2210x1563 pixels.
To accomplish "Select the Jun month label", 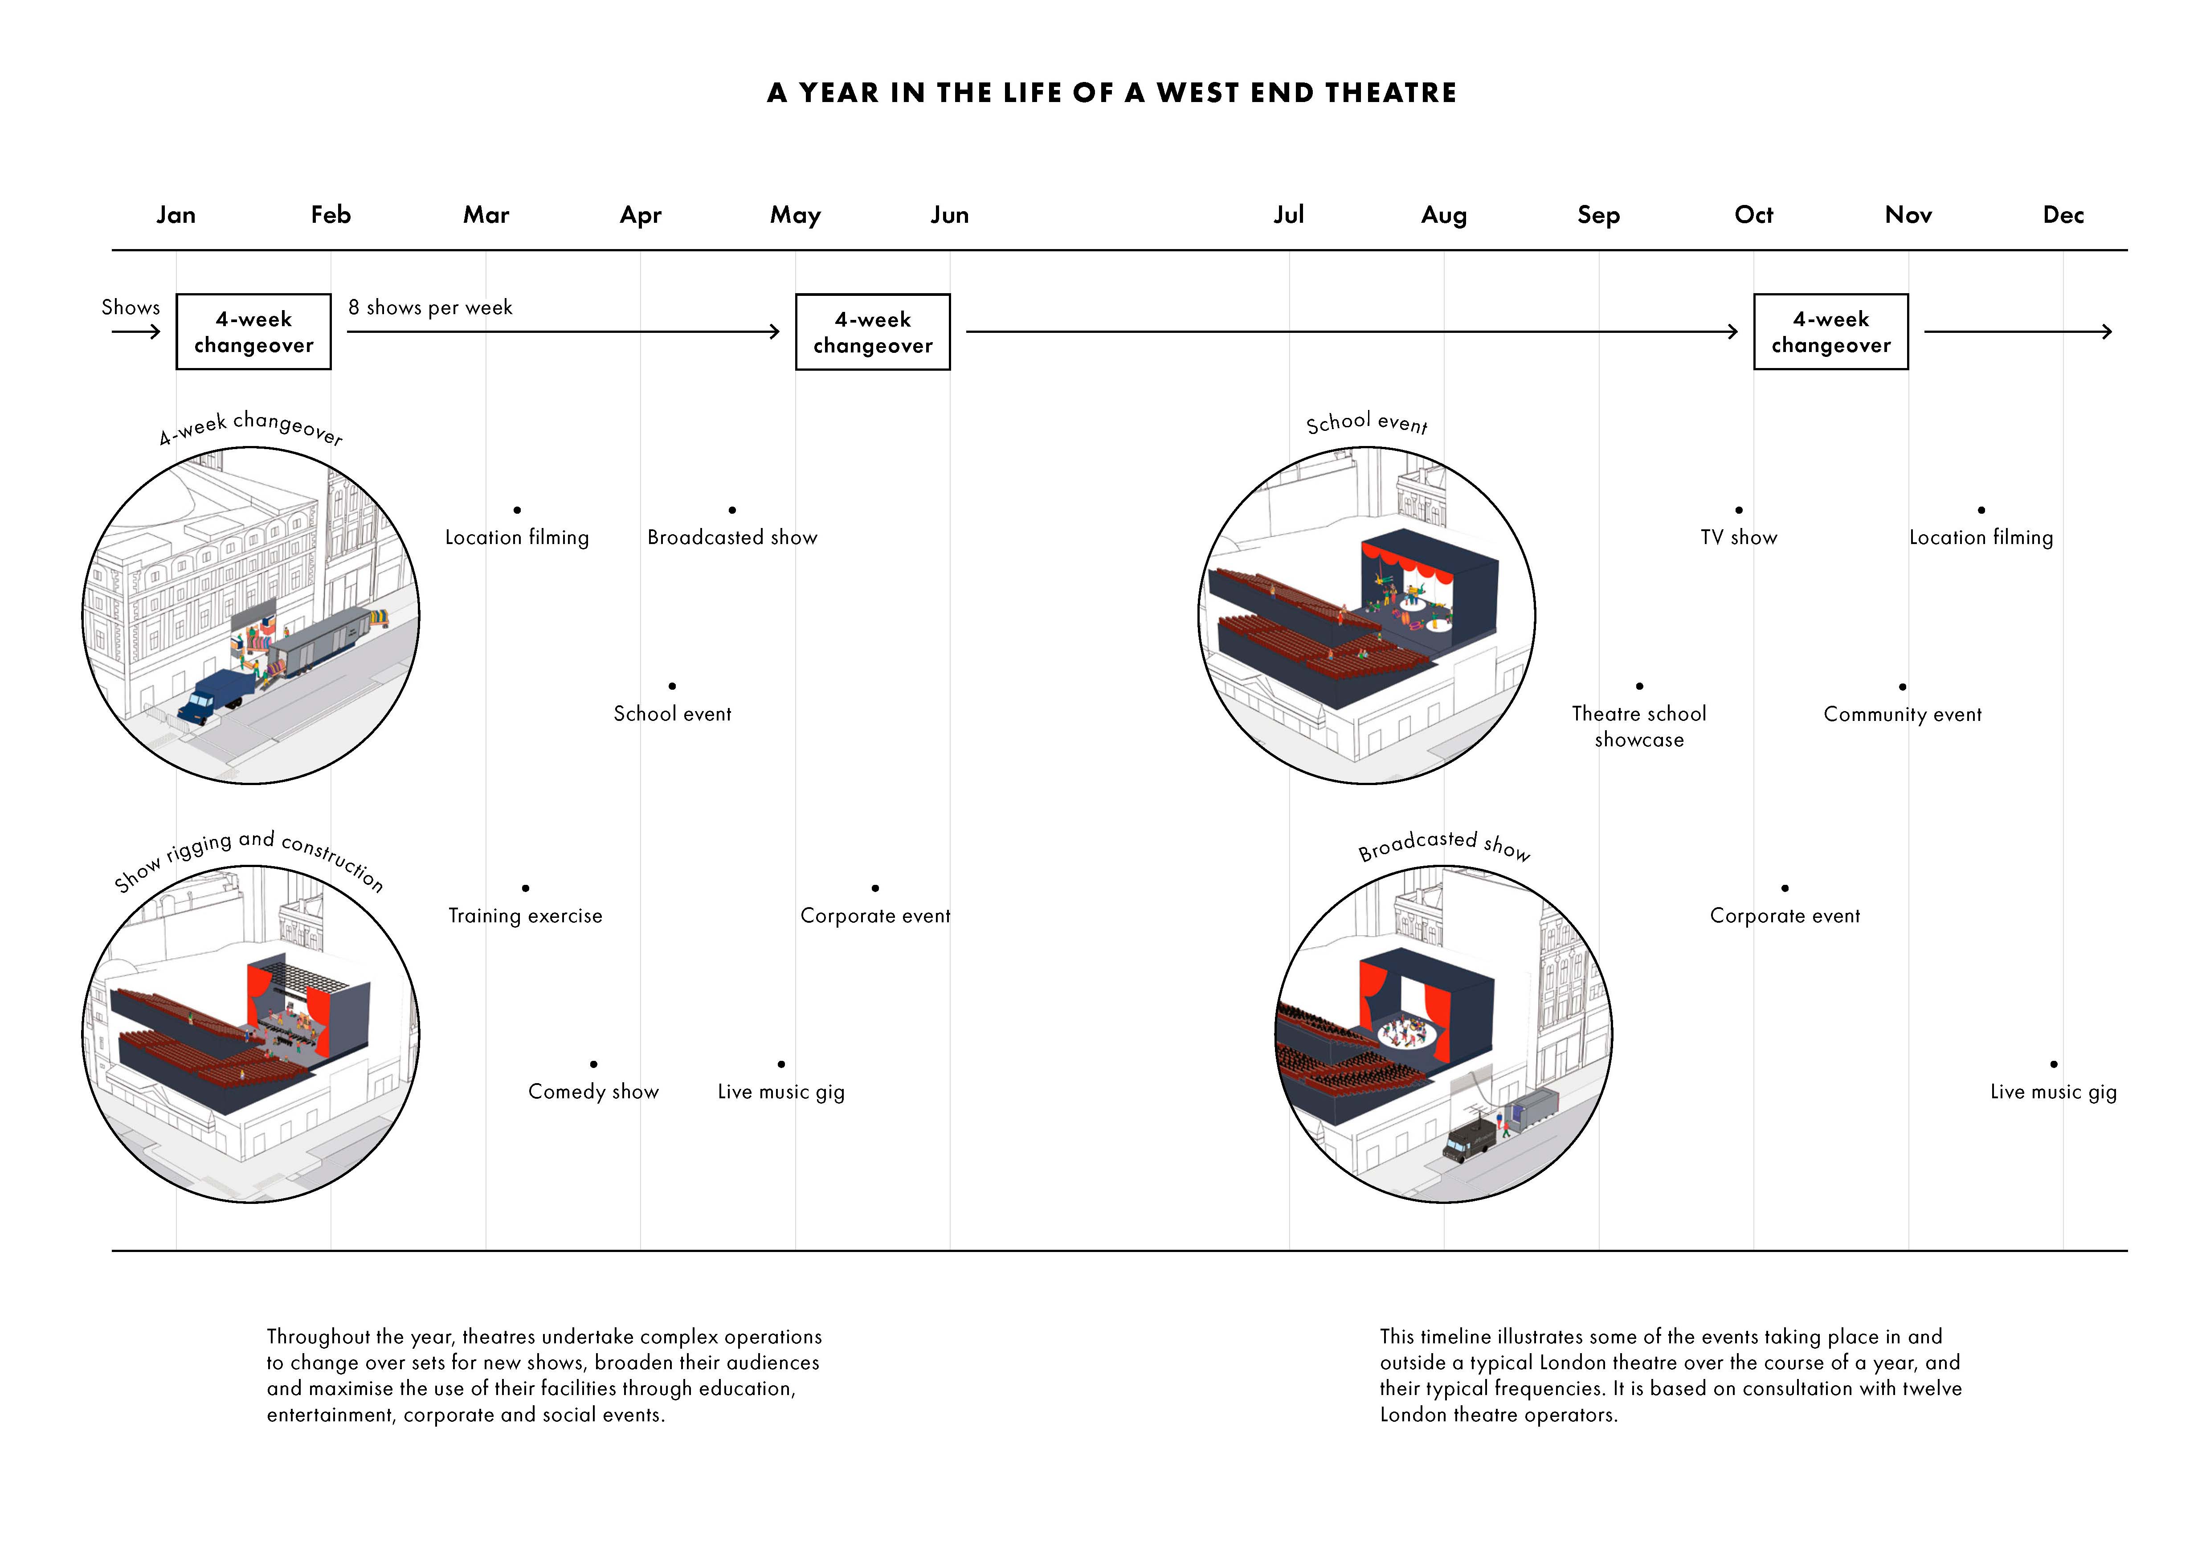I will tap(949, 215).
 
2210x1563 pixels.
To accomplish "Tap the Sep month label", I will tap(1598, 215).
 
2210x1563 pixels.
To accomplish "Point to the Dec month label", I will tap(2063, 215).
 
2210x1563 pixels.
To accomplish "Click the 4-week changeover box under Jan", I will tap(253, 332).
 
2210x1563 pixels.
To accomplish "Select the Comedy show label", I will tap(593, 1092).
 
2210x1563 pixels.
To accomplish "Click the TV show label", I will tap(1738, 537).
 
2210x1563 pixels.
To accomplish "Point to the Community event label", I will tap(1902, 714).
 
